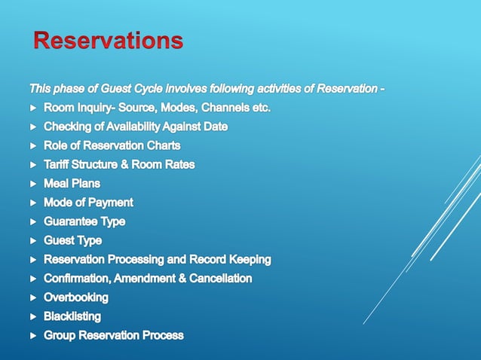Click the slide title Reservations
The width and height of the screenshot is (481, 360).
tap(108, 40)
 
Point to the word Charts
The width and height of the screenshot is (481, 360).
tap(164, 145)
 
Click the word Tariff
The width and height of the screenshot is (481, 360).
tap(59, 164)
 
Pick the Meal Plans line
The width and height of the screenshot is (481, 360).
tap(72, 183)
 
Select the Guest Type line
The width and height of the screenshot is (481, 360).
tap(72, 240)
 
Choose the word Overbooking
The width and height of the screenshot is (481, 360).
tap(76, 297)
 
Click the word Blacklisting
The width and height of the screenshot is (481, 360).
tap(72, 316)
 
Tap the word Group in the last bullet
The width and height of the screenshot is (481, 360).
tap(60, 335)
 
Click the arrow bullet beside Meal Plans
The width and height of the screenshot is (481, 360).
tap(32, 184)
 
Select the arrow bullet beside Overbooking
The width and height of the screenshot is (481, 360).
tap(32, 297)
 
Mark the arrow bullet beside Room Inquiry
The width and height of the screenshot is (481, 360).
tap(32, 108)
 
